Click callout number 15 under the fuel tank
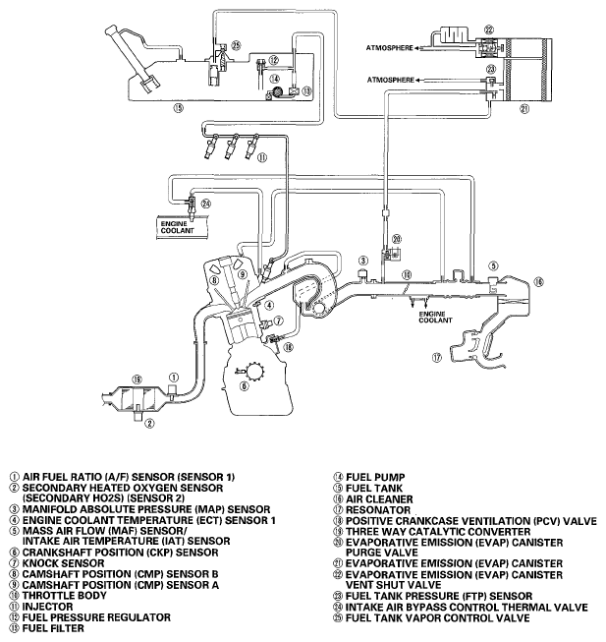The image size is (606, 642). pyautogui.click(x=178, y=108)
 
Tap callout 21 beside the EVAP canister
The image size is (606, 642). pyautogui.click(x=523, y=108)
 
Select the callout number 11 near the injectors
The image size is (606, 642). pyautogui.click(x=262, y=156)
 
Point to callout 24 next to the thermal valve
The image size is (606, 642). pyautogui.click(x=206, y=204)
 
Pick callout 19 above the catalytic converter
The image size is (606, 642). pyautogui.click(x=137, y=379)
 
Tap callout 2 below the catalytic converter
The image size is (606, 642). pyautogui.click(x=149, y=425)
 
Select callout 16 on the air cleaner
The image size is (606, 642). pyautogui.click(x=537, y=282)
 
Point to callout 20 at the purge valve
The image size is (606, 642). pyautogui.click(x=397, y=239)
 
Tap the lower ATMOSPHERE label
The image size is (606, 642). pyautogui.click(x=388, y=78)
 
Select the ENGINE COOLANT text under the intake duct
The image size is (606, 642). pyautogui.click(x=433, y=317)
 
